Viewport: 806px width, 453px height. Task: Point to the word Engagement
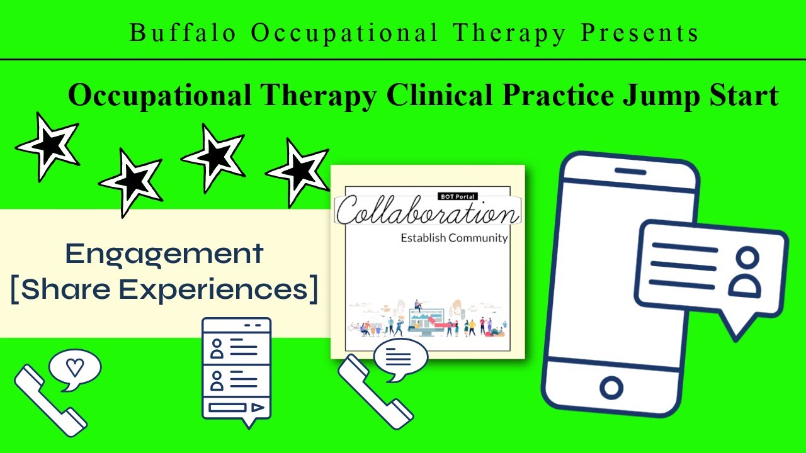[164, 254]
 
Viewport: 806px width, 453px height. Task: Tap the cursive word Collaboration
[428, 212]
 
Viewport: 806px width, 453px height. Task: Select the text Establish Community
[454, 238]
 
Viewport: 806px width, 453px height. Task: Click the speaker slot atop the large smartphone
[630, 171]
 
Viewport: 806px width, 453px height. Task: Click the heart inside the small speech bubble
[75, 367]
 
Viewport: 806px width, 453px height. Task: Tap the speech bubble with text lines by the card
[400, 360]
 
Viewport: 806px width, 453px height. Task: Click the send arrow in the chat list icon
[257, 407]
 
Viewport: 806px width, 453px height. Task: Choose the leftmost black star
[48, 145]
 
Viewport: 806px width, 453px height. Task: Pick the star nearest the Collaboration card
[298, 171]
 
